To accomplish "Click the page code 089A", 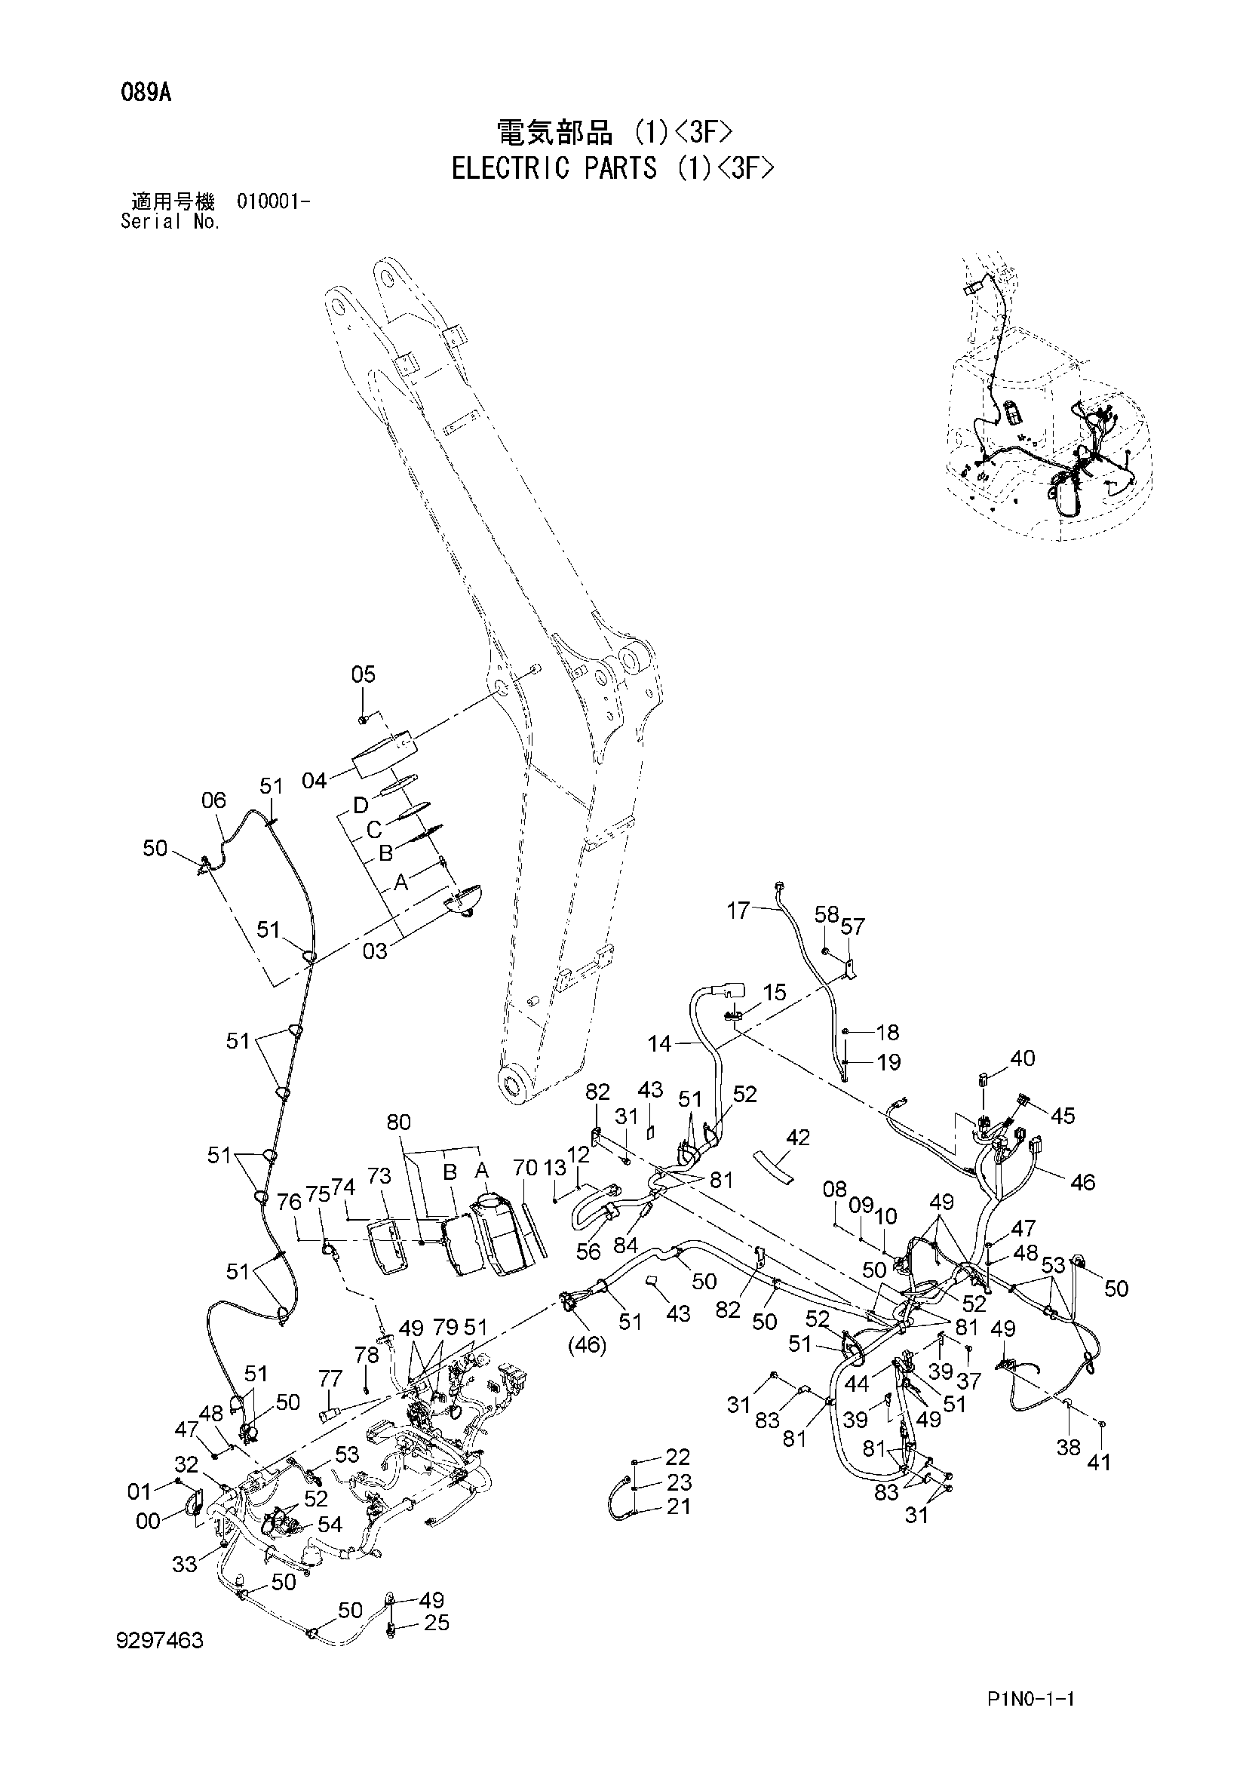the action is point(145,94).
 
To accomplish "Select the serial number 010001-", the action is point(274,202).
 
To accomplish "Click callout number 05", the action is point(363,674).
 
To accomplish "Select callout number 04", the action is point(315,781).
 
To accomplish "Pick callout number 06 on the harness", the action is point(213,800).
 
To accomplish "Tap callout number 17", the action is point(738,911).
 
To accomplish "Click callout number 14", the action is point(660,1044).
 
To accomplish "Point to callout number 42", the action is point(798,1137).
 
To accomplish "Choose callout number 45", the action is point(1063,1115).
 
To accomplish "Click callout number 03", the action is point(375,951).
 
